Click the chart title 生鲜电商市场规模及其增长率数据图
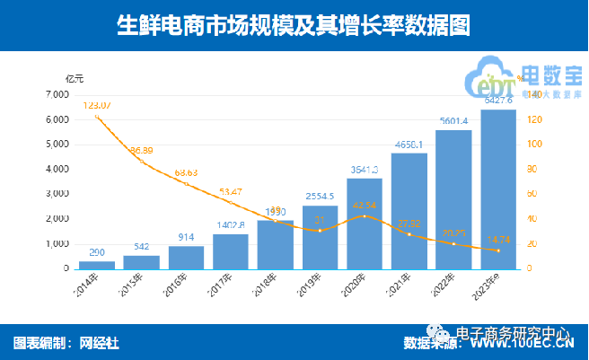(x=294, y=25)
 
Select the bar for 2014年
(x=96, y=264)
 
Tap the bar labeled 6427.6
(x=498, y=189)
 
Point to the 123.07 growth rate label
(x=96, y=106)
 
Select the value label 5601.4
(x=453, y=121)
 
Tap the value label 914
(x=185, y=236)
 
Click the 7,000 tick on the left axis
(x=56, y=94)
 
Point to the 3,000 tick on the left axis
(x=56, y=194)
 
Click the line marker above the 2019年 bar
(x=320, y=230)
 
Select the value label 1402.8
(x=230, y=224)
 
